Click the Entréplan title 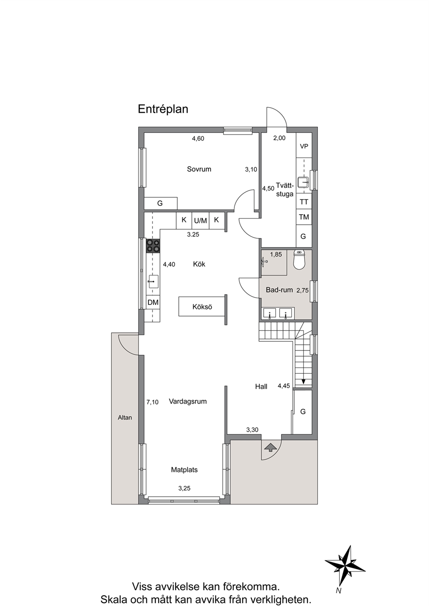click(163, 109)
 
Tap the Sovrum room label click(199, 169)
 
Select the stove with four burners click(153, 246)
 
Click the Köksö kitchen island click(202, 307)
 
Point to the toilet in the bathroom click(299, 259)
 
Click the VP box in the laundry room click(304, 146)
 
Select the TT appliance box click(304, 202)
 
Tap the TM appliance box click(304, 217)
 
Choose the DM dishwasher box click(153, 302)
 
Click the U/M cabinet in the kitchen click(200, 221)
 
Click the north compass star click(345, 567)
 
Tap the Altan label click(125, 418)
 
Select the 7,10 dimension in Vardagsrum click(153, 402)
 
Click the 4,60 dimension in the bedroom click(198, 139)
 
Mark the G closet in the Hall click(303, 411)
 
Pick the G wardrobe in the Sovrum click(160, 203)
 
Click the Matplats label click(184, 469)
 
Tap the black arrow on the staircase click(303, 381)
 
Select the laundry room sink click(303, 182)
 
